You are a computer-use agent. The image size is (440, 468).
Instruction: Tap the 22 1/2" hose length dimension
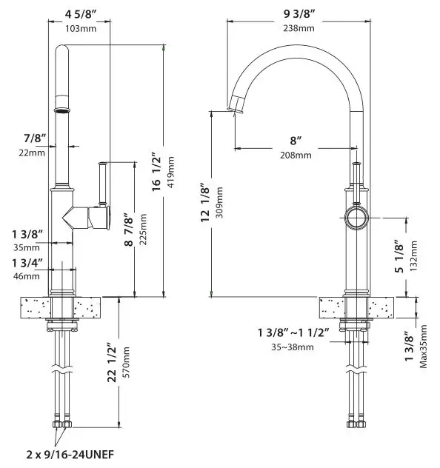coord(112,363)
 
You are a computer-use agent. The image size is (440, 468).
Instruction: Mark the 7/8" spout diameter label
coord(35,138)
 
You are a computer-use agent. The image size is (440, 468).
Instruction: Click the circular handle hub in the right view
coord(356,218)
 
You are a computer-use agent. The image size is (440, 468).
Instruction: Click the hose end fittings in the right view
coord(356,424)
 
